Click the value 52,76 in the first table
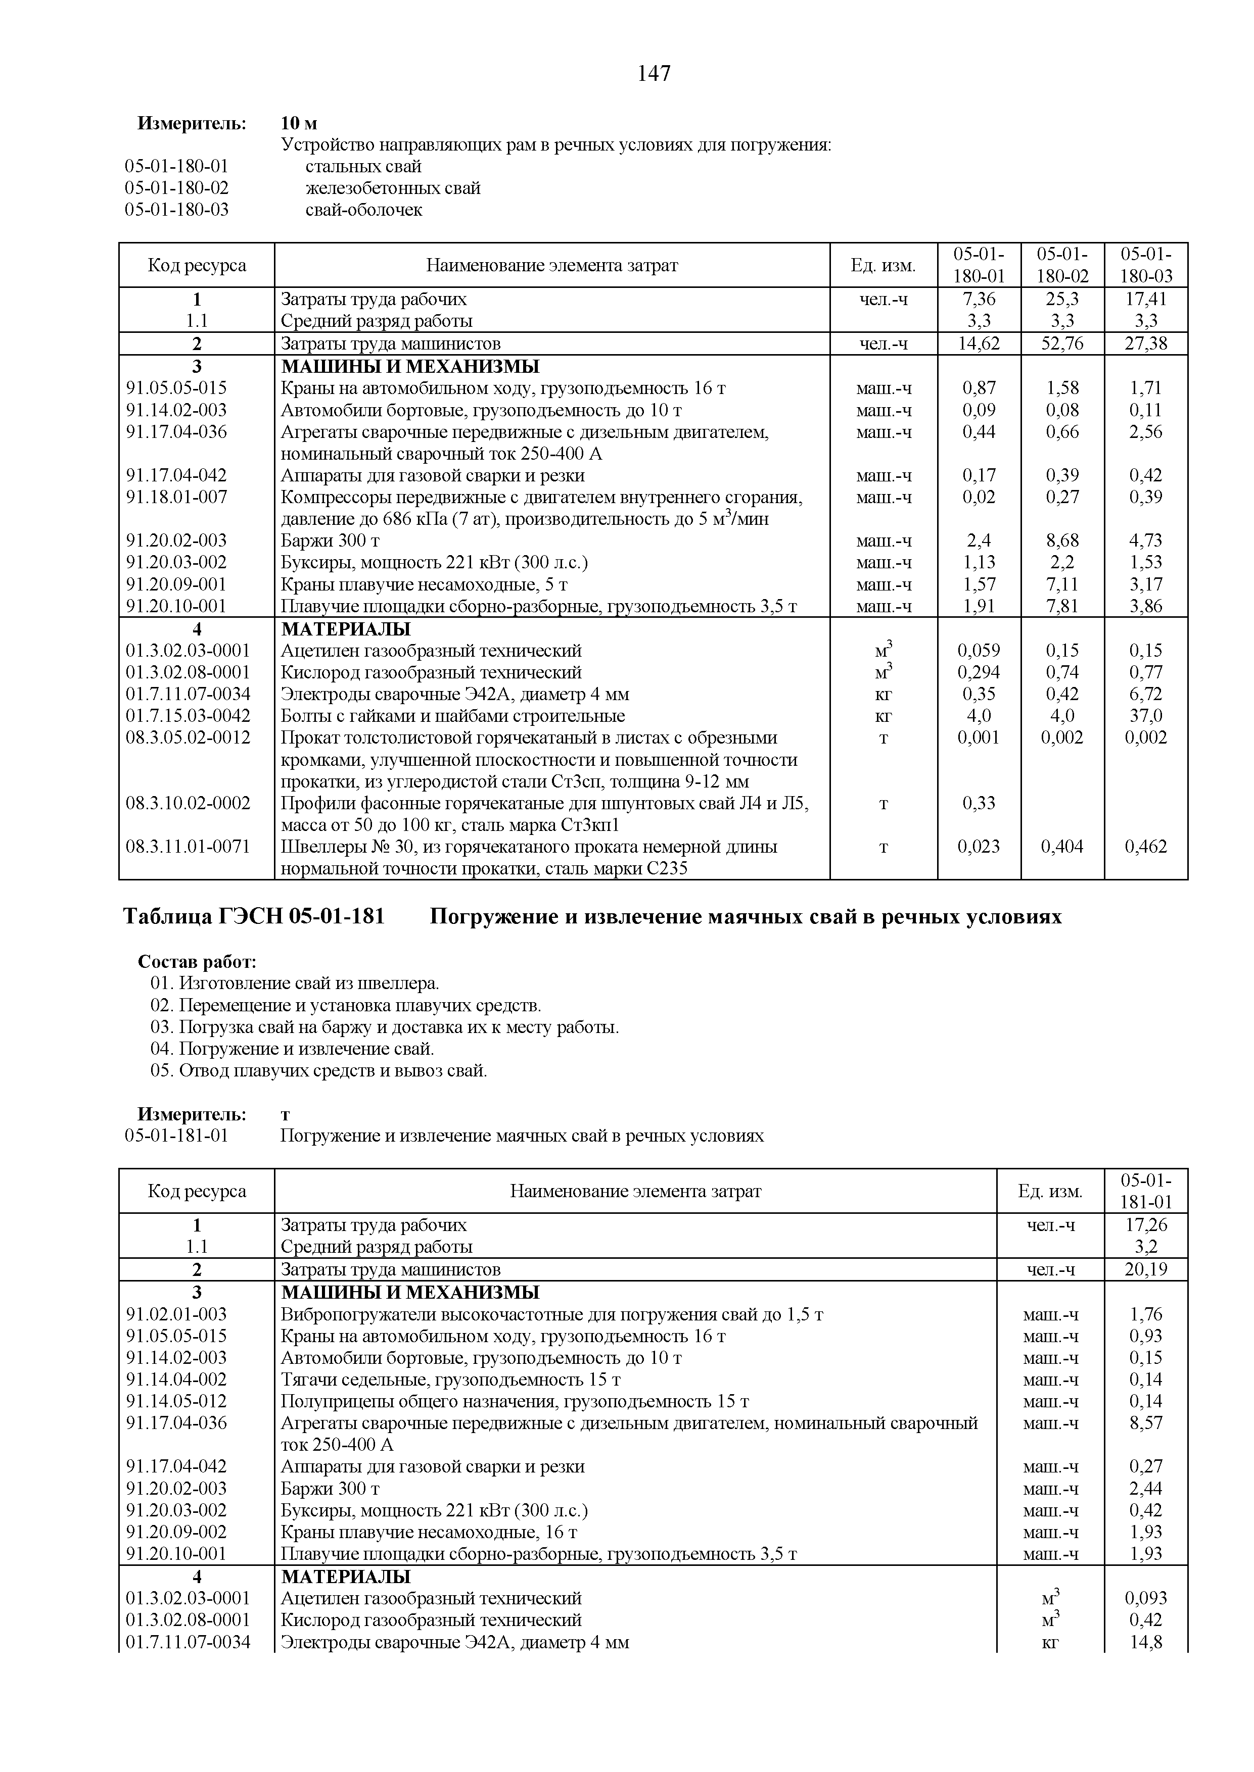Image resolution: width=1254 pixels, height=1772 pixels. tap(1062, 343)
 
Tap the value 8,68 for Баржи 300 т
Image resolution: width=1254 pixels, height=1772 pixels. tap(1062, 540)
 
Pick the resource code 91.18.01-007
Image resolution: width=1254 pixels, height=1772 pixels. tap(177, 497)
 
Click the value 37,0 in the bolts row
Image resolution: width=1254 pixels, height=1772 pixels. tap(1145, 715)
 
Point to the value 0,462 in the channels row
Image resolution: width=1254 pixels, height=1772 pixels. tap(1145, 847)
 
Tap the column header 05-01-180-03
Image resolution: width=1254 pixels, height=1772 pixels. tap(1145, 265)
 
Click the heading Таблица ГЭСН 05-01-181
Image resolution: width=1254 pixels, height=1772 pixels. tap(254, 917)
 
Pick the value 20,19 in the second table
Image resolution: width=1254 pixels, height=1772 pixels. tap(1145, 1269)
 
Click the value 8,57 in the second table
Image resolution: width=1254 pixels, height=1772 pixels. tap(1145, 1423)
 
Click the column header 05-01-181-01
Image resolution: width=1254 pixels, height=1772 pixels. tap(1145, 1191)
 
